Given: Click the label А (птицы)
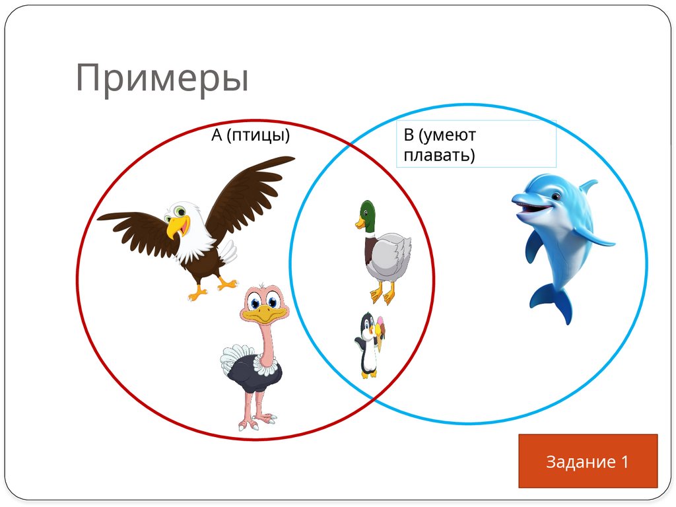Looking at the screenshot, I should coord(250,135).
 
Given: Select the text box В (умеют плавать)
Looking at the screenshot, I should coord(475,145).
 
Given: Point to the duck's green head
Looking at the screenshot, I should coord(366,213).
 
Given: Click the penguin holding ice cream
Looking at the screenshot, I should coord(368,345).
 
